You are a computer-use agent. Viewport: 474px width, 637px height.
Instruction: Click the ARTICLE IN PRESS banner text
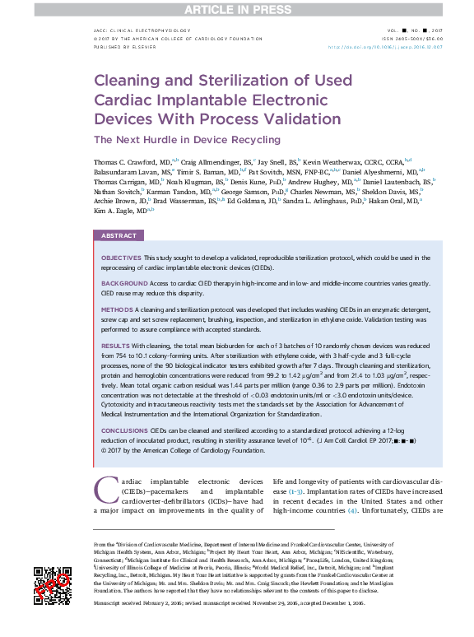(236, 9)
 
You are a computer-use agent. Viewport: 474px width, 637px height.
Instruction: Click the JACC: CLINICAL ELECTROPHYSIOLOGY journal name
(143, 30)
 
